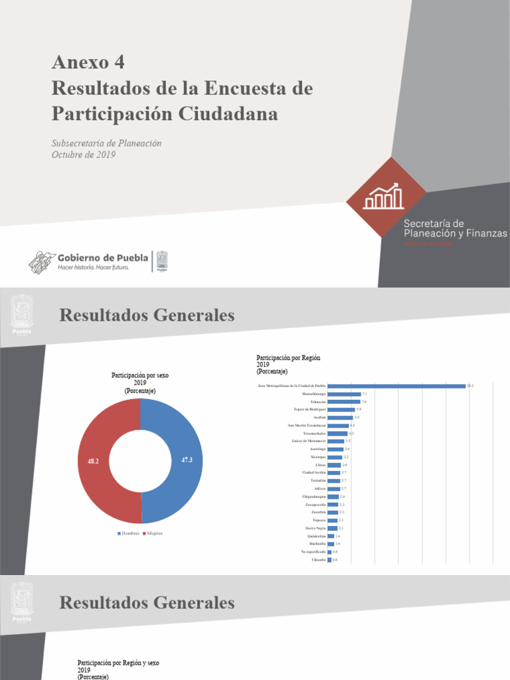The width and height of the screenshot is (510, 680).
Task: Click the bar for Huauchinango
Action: click(x=344, y=394)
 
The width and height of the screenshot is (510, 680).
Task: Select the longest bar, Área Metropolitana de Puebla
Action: click(x=396, y=386)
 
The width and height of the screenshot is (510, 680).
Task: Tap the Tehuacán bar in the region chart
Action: click(x=344, y=402)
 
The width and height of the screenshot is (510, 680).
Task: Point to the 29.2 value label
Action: click(x=470, y=386)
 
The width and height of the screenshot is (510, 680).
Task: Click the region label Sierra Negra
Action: click(x=315, y=528)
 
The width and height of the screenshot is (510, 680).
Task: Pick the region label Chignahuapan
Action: click(x=312, y=497)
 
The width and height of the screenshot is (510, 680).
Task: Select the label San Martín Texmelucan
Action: click(x=307, y=425)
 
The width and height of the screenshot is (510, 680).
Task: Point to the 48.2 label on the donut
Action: click(x=93, y=460)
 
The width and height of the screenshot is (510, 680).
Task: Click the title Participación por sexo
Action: click(x=140, y=375)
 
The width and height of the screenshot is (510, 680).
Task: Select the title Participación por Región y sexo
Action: click(x=118, y=663)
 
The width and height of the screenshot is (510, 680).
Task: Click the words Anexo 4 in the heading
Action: click(x=88, y=62)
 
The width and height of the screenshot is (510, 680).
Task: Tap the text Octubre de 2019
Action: click(x=84, y=155)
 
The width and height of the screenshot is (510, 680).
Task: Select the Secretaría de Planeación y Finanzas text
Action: click(x=455, y=228)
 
